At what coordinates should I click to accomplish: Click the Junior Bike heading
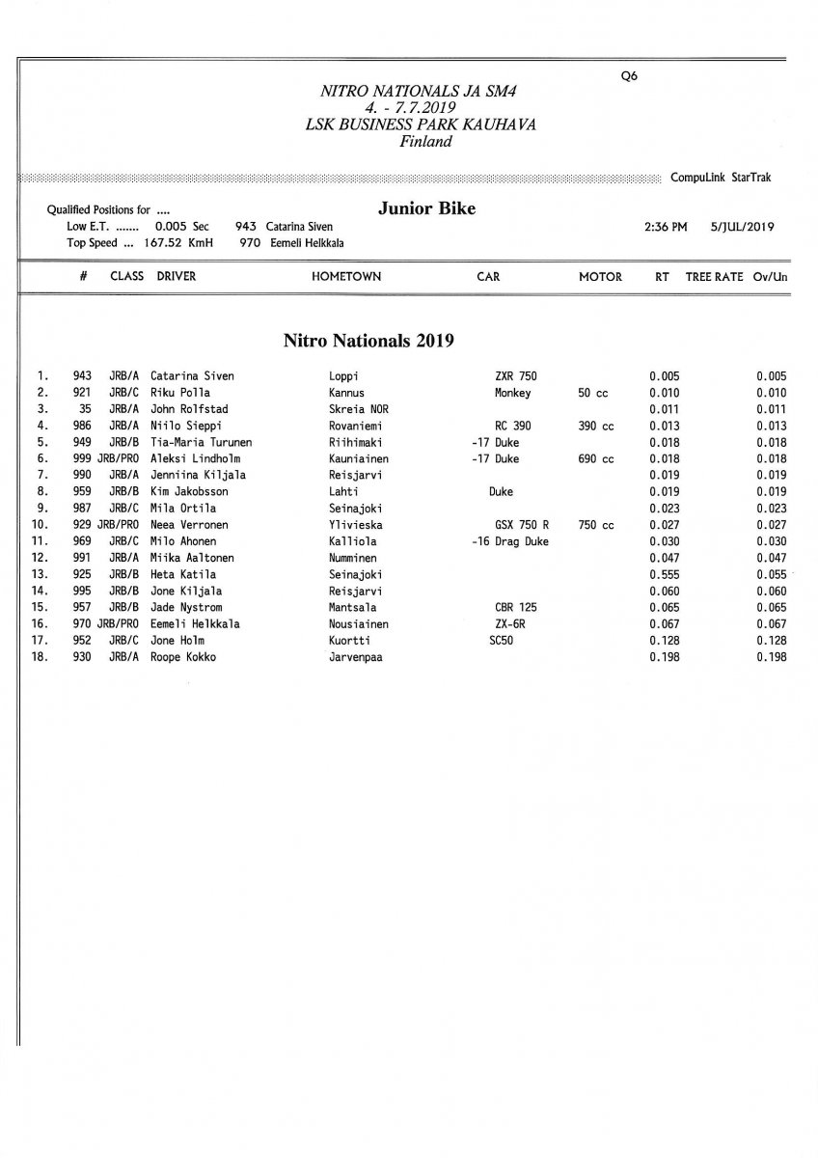(427, 208)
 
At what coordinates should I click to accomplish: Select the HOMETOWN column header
(345, 276)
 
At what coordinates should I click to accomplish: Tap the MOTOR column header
(600, 276)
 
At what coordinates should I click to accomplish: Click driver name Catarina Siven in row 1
(192, 376)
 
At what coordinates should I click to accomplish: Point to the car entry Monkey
(513, 393)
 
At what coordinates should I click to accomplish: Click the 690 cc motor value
(596, 459)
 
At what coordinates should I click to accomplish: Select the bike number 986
(82, 426)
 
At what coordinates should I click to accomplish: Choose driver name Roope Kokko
(183, 657)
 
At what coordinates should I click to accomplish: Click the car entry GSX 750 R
(521, 525)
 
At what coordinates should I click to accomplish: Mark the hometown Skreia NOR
(358, 409)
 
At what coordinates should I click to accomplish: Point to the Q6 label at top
(629, 76)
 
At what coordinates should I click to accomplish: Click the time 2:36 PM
(665, 228)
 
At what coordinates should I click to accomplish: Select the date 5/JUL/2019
(741, 228)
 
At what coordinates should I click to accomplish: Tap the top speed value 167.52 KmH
(182, 244)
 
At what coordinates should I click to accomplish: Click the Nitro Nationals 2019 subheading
(368, 340)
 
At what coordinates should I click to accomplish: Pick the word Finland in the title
(425, 141)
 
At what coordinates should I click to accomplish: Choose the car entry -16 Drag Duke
(509, 541)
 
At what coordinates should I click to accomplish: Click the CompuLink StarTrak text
(721, 178)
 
